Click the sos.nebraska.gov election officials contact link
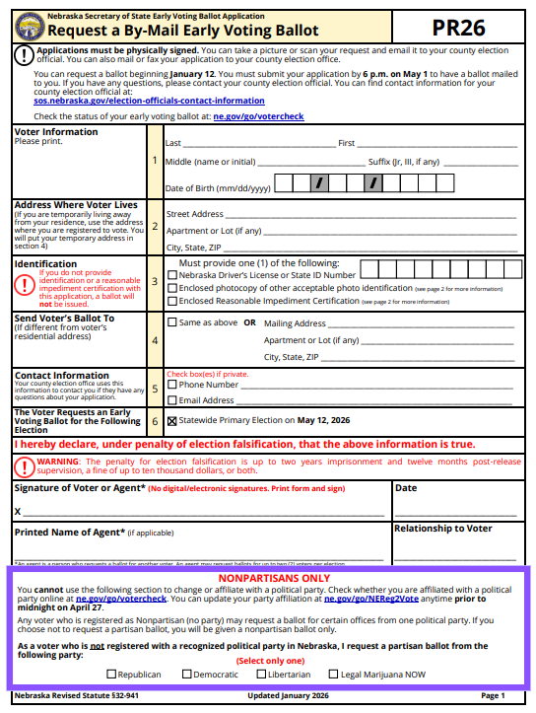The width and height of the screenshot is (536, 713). [135, 101]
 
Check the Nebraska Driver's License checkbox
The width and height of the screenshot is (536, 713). [173, 275]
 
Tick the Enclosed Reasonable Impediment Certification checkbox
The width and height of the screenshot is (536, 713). [173, 301]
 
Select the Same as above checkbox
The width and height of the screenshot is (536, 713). [173, 322]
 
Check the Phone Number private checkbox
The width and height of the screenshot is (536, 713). [173, 386]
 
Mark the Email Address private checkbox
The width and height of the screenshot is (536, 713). [173, 400]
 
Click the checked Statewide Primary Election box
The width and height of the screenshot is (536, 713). [173, 420]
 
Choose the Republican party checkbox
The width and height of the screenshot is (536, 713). [111, 675]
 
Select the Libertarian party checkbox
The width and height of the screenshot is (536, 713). [261, 675]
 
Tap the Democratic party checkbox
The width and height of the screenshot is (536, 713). [186, 675]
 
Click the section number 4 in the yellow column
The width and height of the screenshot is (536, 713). [155, 340]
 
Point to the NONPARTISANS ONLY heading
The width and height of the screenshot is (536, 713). [267, 578]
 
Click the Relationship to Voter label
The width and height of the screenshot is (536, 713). [442, 529]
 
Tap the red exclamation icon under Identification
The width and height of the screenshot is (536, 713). [25, 284]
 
